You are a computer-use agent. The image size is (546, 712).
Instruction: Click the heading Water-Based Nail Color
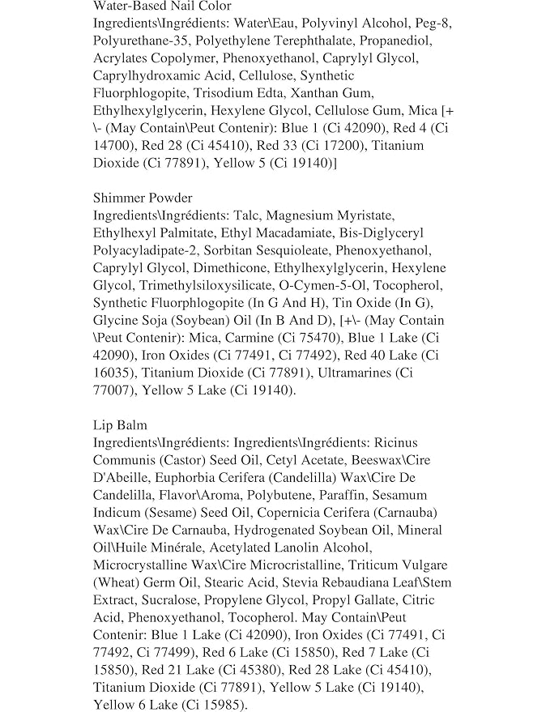[x=162, y=6]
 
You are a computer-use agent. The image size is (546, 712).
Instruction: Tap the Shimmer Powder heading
[x=143, y=198]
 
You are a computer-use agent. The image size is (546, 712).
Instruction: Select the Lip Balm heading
[x=120, y=424]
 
